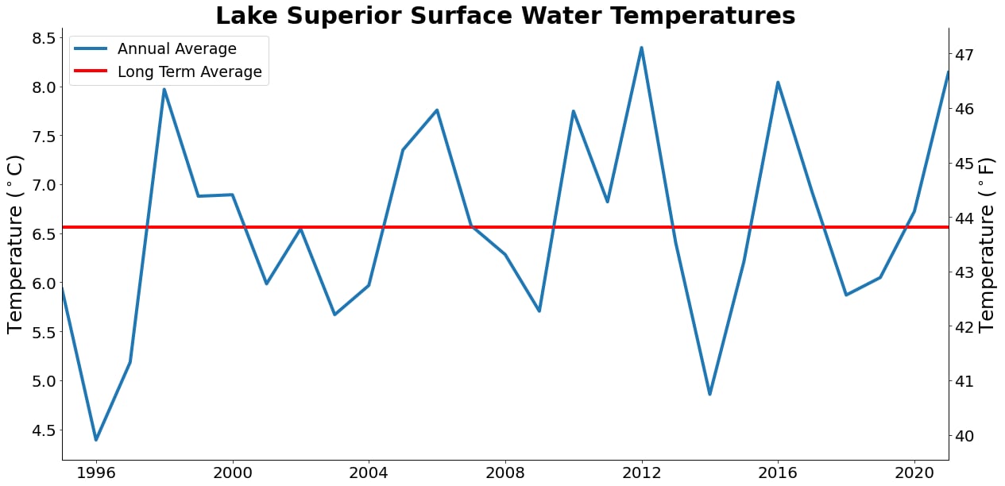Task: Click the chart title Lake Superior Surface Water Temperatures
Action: (505, 16)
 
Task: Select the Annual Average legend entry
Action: (176, 49)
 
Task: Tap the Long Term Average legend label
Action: (189, 72)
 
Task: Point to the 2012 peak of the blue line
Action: (641, 48)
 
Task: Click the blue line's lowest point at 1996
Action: (96, 439)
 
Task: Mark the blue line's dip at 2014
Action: (709, 394)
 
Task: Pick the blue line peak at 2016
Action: (778, 83)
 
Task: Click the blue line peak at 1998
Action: (164, 90)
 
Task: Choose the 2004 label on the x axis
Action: (369, 473)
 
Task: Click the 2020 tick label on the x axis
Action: (914, 473)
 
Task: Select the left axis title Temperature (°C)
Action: (16, 244)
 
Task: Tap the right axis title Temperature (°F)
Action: (987, 244)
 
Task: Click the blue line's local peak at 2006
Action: (437, 110)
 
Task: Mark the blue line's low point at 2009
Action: (539, 310)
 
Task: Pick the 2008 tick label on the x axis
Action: (505, 473)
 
